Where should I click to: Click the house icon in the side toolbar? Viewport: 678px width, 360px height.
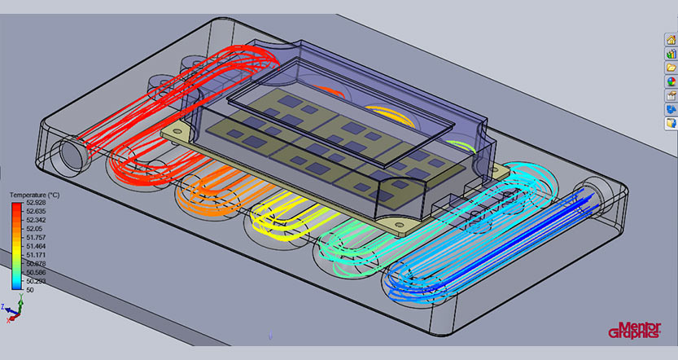click(671, 40)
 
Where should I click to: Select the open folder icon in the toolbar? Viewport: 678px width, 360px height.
click(671, 68)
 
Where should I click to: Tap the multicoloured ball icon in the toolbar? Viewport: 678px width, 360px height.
click(671, 81)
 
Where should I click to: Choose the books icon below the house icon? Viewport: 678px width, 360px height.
click(671, 54)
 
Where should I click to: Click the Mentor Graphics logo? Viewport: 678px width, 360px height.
click(634, 330)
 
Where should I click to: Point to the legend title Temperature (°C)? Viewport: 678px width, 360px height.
click(34, 195)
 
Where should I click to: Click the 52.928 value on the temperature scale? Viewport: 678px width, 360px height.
click(37, 203)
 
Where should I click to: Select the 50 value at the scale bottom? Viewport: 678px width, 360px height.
click(30, 290)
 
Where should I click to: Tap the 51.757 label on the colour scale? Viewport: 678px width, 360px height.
click(37, 238)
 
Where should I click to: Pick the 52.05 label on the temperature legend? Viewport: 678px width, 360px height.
click(35, 229)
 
